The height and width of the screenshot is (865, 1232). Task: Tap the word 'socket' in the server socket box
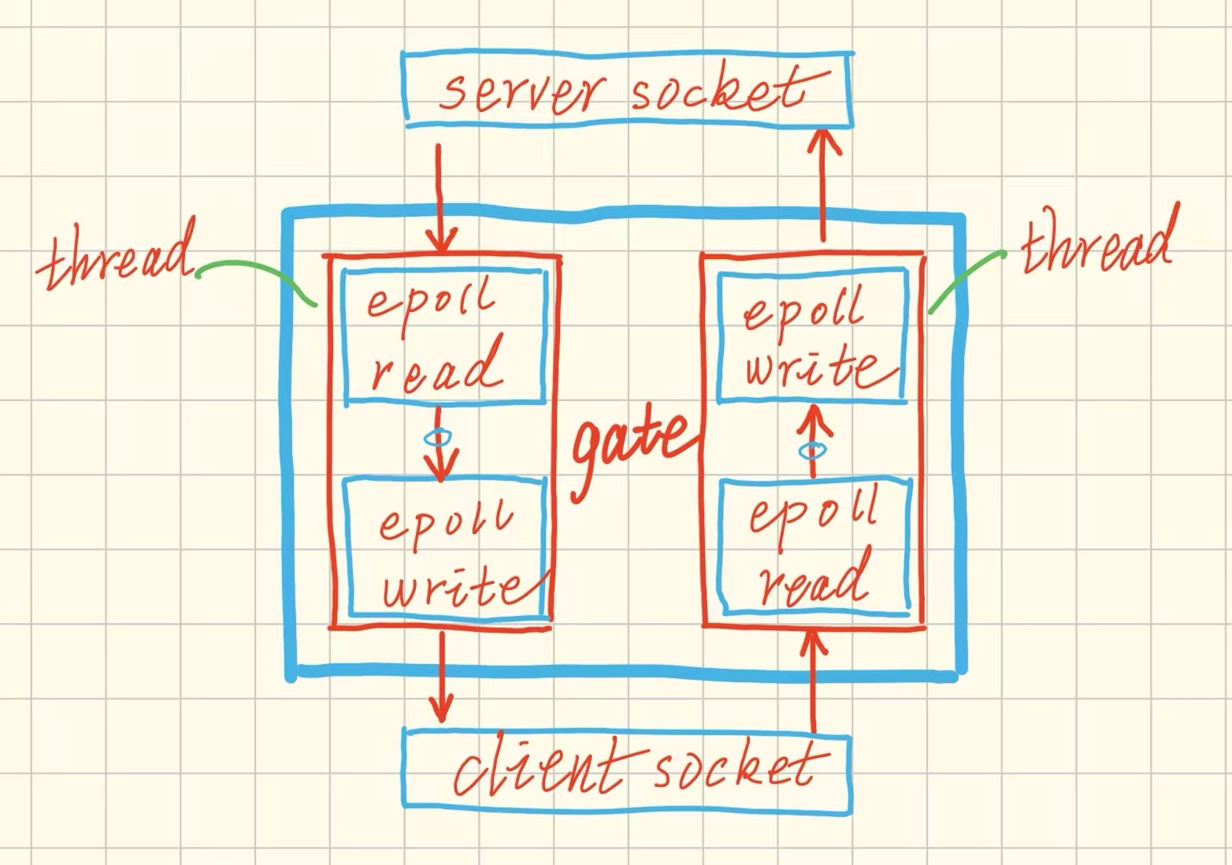718,91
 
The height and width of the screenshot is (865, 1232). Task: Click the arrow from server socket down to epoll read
440,197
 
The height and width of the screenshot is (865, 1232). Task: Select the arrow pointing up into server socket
823,185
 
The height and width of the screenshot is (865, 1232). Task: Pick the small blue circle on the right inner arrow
811,451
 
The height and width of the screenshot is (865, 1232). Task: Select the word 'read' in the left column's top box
437,368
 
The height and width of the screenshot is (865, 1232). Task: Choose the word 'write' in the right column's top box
811,368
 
